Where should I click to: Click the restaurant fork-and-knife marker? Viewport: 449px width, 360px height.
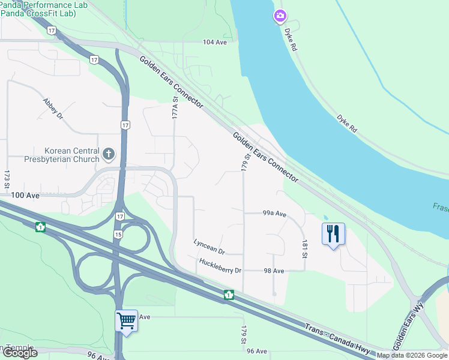click(x=333, y=233)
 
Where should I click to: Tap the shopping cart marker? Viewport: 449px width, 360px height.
click(x=127, y=320)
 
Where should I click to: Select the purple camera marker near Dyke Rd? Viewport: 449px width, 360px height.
click(x=280, y=16)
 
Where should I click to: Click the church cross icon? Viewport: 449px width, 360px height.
click(x=109, y=154)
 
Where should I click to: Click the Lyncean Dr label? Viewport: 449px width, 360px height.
click(x=209, y=247)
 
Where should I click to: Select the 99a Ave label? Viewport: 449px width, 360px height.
click(x=274, y=214)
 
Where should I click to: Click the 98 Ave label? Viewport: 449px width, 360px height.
click(x=274, y=271)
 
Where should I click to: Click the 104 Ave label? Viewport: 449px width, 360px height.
click(x=215, y=42)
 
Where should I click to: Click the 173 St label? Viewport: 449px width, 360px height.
click(x=7, y=179)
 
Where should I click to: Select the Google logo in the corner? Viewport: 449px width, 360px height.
click(x=19, y=353)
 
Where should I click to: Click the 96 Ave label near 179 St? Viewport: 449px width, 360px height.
click(x=257, y=351)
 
